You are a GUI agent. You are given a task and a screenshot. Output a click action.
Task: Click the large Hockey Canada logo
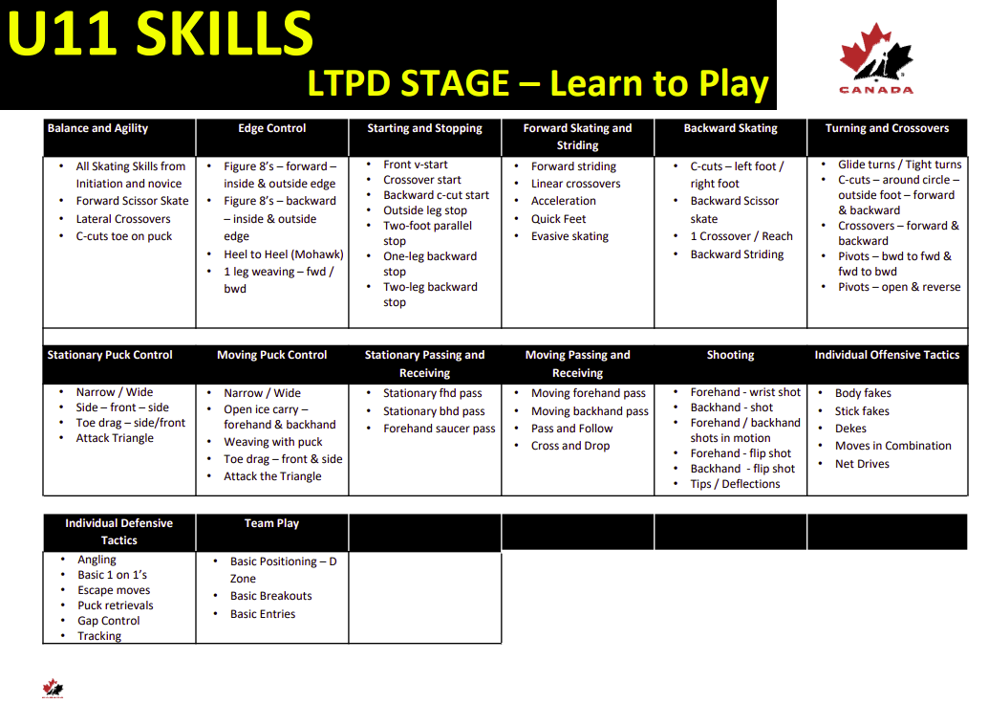tap(876, 58)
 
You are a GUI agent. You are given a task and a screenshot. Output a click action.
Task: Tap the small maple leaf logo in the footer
tap(53, 688)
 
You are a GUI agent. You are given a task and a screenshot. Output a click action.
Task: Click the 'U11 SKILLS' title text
tap(160, 33)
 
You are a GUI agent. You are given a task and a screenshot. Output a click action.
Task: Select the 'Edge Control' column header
tap(272, 128)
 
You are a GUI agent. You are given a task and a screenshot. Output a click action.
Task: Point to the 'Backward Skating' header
tap(730, 128)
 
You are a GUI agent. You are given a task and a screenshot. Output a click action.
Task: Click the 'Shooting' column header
tap(730, 355)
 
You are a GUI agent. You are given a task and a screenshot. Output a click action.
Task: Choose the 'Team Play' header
tap(271, 523)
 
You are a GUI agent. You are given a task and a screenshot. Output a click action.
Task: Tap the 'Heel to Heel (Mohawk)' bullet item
tap(284, 254)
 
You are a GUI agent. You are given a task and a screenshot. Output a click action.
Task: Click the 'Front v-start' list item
tap(416, 165)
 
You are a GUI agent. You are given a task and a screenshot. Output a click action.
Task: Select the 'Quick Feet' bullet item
tap(558, 219)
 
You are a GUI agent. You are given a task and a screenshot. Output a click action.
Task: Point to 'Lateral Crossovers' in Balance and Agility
tap(123, 219)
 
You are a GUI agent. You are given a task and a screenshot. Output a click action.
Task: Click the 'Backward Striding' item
tap(737, 254)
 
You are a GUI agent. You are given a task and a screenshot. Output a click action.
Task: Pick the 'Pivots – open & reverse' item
tap(899, 287)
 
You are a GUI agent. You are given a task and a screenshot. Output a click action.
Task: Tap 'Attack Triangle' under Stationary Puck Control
tap(115, 438)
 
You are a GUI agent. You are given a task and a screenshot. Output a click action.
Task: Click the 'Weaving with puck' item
tap(273, 442)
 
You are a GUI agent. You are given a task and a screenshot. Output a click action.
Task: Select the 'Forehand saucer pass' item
tap(440, 429)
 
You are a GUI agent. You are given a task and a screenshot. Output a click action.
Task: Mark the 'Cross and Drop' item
tap(570, 446)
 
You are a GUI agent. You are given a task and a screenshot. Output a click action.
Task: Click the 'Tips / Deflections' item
tap(735, 484)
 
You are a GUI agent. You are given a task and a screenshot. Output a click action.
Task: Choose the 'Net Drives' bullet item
tap(862, 464)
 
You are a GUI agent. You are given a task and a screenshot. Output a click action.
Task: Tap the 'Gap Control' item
tap(108, 621)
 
